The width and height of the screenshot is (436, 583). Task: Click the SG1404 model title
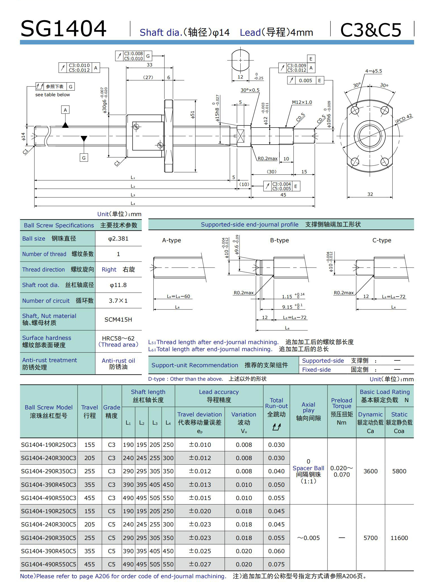pyautogui.click(x=64, y=29)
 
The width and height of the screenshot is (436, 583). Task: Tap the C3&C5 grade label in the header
pyautogui.click(x=371, y=30)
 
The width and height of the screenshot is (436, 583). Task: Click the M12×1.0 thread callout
pyautogui.click(x=302, y=102)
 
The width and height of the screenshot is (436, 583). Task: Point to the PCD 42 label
pyautogui.click(x=404, y=118)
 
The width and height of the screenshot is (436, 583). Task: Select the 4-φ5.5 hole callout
pyautogui.click(x=374, y=71)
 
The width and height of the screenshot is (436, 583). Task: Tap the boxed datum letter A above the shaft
pyautogui.click(x=65, y=110)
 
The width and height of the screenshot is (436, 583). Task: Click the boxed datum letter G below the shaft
pyautogui.click(x=84, y=158)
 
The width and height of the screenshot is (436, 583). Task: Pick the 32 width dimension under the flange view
pyautogui.click(x=370, y=194)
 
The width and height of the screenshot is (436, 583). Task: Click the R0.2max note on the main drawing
pyautogui.click(x=267, y=159)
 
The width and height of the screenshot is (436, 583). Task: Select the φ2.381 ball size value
pyautogui.click(x=118, y=239)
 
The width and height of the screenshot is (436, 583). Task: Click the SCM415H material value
pyautogui.click(x=118, y=320)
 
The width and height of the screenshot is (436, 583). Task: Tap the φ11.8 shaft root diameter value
pyautogui.click(x=118, y=285)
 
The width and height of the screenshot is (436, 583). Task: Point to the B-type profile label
pyautogui.click(x=279, y=240)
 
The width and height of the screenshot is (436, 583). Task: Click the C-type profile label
pyautogui.click(x=381, y=240)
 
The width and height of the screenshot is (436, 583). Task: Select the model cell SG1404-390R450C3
pyautogui.click(x=49, y=485)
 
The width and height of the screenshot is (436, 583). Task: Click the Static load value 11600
pyautogui.click(x=399, y=538)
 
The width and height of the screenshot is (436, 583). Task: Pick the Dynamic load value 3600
pyautogui.click(x=370, y=471)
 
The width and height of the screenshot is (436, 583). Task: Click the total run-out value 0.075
pyautogui.click(x=276, y=564)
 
